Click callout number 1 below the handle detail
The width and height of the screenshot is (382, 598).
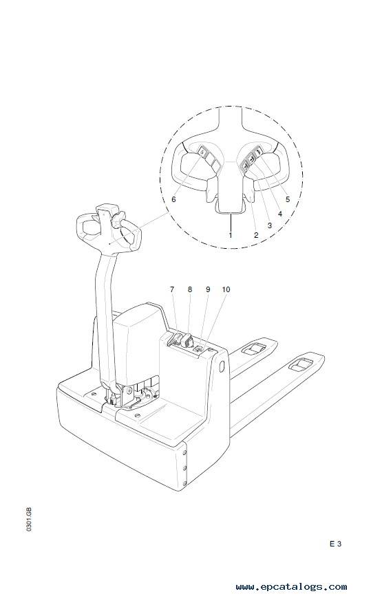click(x=231, y=235)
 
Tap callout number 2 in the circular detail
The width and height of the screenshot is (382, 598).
click(x=256, y=235)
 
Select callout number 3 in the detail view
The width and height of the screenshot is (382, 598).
click(x=270, y=225)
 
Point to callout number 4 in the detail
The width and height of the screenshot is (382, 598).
click(x=280, y=214)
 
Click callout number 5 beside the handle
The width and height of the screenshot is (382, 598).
click(x=288, y=199)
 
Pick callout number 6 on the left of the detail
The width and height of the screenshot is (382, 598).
click(x=174, y=199)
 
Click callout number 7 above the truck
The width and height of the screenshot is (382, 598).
click(x=172, y=289)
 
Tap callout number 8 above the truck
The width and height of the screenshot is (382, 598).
click(x=190, y=289)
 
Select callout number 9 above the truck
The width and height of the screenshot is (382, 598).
click(x=208, y=289)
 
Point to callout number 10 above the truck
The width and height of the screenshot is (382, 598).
click(x=226, y=289)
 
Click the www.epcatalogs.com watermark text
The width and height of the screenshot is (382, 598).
click(x=291, y=587)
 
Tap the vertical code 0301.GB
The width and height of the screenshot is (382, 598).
click(x=29, y=520)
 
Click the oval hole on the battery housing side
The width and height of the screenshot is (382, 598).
click(x=222, y=366)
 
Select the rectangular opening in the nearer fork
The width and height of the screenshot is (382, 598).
click(x=300, y=365)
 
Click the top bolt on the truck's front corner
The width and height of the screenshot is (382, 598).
click(x=185, y=453)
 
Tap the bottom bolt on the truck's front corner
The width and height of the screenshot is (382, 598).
click(x=185, y=484)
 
